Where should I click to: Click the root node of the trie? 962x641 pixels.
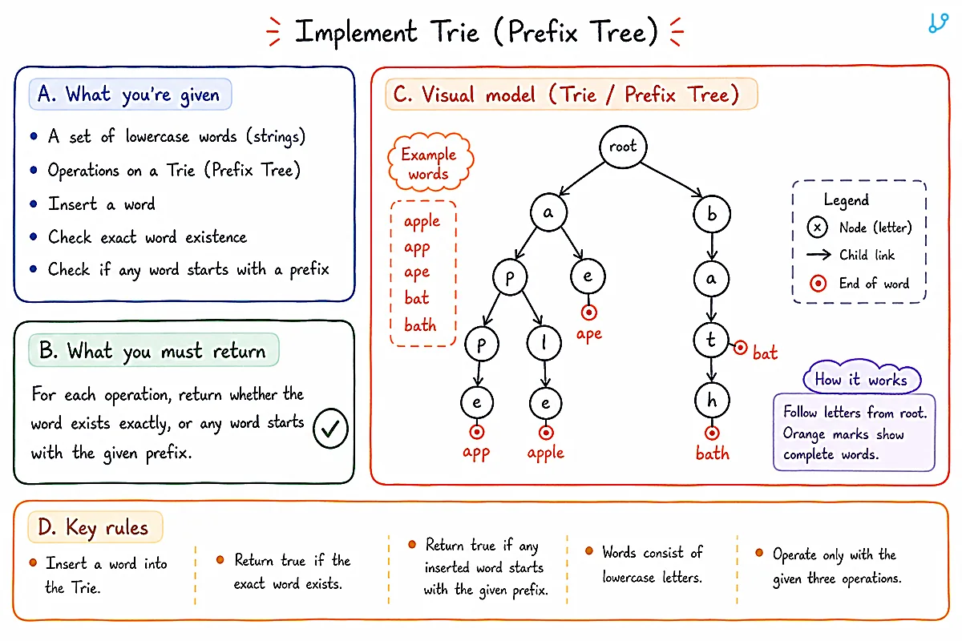coord(623,147)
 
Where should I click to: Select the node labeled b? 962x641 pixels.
coord(712,213)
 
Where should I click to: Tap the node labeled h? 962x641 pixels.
coord(712,401)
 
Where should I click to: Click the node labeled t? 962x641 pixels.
coord(711,340)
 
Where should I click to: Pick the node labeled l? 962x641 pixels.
coord(544,343)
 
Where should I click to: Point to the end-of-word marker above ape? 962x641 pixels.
coord(588,312)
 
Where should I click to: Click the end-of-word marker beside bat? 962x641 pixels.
coord(740,347)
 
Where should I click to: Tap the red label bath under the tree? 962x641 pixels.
coord(713,453)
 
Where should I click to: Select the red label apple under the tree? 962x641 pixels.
coord(545,453)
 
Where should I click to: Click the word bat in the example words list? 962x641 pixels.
coord(417,297)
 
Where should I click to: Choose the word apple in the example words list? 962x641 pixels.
coord(422,222)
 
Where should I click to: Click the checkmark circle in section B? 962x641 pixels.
coord(330,429)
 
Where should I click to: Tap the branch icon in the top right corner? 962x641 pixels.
coord(938,22)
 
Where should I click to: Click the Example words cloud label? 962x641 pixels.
coord(430,163)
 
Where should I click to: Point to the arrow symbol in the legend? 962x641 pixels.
coord(819,255)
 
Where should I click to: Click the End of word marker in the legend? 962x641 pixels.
coord(818,284)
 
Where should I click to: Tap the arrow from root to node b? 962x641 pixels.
coord(671,180)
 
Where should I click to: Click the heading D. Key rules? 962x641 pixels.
coord(93,528)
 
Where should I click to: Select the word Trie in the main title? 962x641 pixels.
coord(455,32)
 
